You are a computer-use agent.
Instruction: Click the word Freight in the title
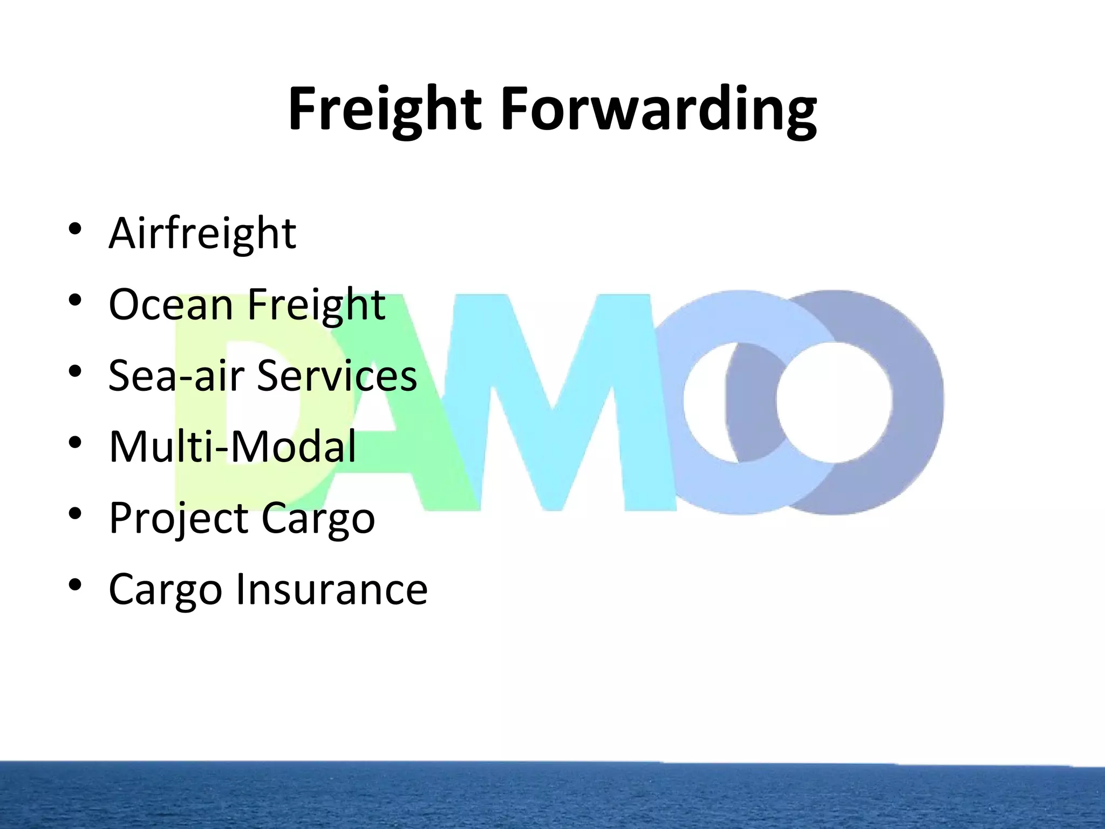tap(384, 110)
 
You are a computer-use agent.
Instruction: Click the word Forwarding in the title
tap(659, 110)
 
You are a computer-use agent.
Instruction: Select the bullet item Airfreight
tap(202, 233)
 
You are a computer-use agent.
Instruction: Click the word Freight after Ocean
tap(316, 304)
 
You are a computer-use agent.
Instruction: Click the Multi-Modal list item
tap(233, 447)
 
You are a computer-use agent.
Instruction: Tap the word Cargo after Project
tap(318, 518)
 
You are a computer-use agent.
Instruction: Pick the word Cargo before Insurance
tap(165, 589)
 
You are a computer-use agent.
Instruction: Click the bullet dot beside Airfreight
tap(75, 229)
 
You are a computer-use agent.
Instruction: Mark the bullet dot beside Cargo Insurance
tap(75, 585)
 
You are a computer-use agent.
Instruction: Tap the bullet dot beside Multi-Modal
tap(75, 443)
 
